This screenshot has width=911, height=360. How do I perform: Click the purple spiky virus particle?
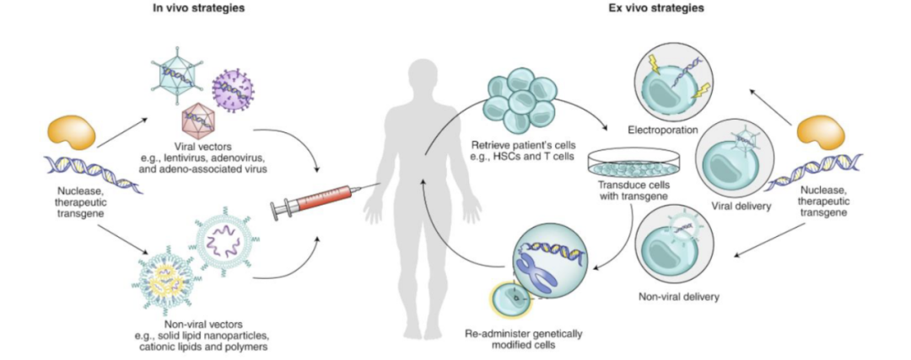[x=233, y=89]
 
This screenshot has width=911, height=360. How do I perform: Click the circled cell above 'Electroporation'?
[x=669, y=77]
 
